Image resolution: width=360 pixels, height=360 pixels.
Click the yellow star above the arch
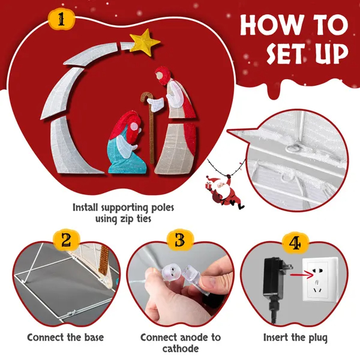coord(145,43)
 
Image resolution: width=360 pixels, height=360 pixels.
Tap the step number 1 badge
coord(61,20)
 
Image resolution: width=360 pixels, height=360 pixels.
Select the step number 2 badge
coord(66,241)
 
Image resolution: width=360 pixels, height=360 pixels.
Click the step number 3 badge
coord(180,241)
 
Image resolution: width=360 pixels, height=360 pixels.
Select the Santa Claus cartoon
coord(224,192)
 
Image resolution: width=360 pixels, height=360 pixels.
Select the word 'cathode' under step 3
coord(181,348)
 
